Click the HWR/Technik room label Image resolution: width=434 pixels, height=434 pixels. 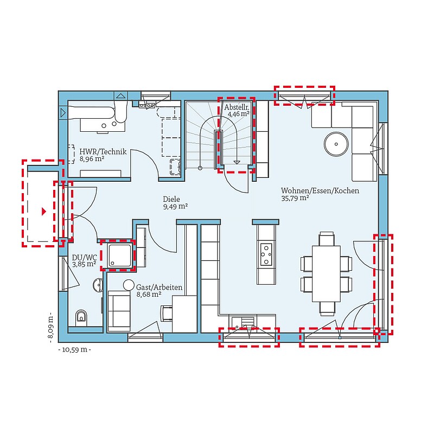[103, 152]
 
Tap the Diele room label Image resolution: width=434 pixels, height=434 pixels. [171, 199]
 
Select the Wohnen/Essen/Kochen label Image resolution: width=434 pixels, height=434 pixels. [320, 191]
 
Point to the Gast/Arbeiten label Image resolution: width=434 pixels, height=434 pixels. [159, 288]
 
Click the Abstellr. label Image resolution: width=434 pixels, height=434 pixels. [237, 107]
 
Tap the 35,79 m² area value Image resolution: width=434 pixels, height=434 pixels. [295, 198]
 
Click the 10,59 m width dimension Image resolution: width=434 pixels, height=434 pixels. [74, 349]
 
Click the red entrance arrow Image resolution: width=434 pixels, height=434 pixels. [44, 212]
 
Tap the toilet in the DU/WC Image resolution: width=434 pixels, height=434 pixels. [81, 317]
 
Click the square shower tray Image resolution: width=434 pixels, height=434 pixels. [120, 256]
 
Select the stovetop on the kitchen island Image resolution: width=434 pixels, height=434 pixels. [266, 254]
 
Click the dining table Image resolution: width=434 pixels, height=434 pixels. [327, 273]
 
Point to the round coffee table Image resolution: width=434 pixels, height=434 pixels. [336, 144]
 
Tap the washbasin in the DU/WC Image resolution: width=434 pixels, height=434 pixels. [98, 285]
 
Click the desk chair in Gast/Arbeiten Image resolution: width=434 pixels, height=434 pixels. [167, 314]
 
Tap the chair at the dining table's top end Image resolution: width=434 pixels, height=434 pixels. [327, 239]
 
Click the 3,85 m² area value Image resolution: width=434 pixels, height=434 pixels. [84, 264]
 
